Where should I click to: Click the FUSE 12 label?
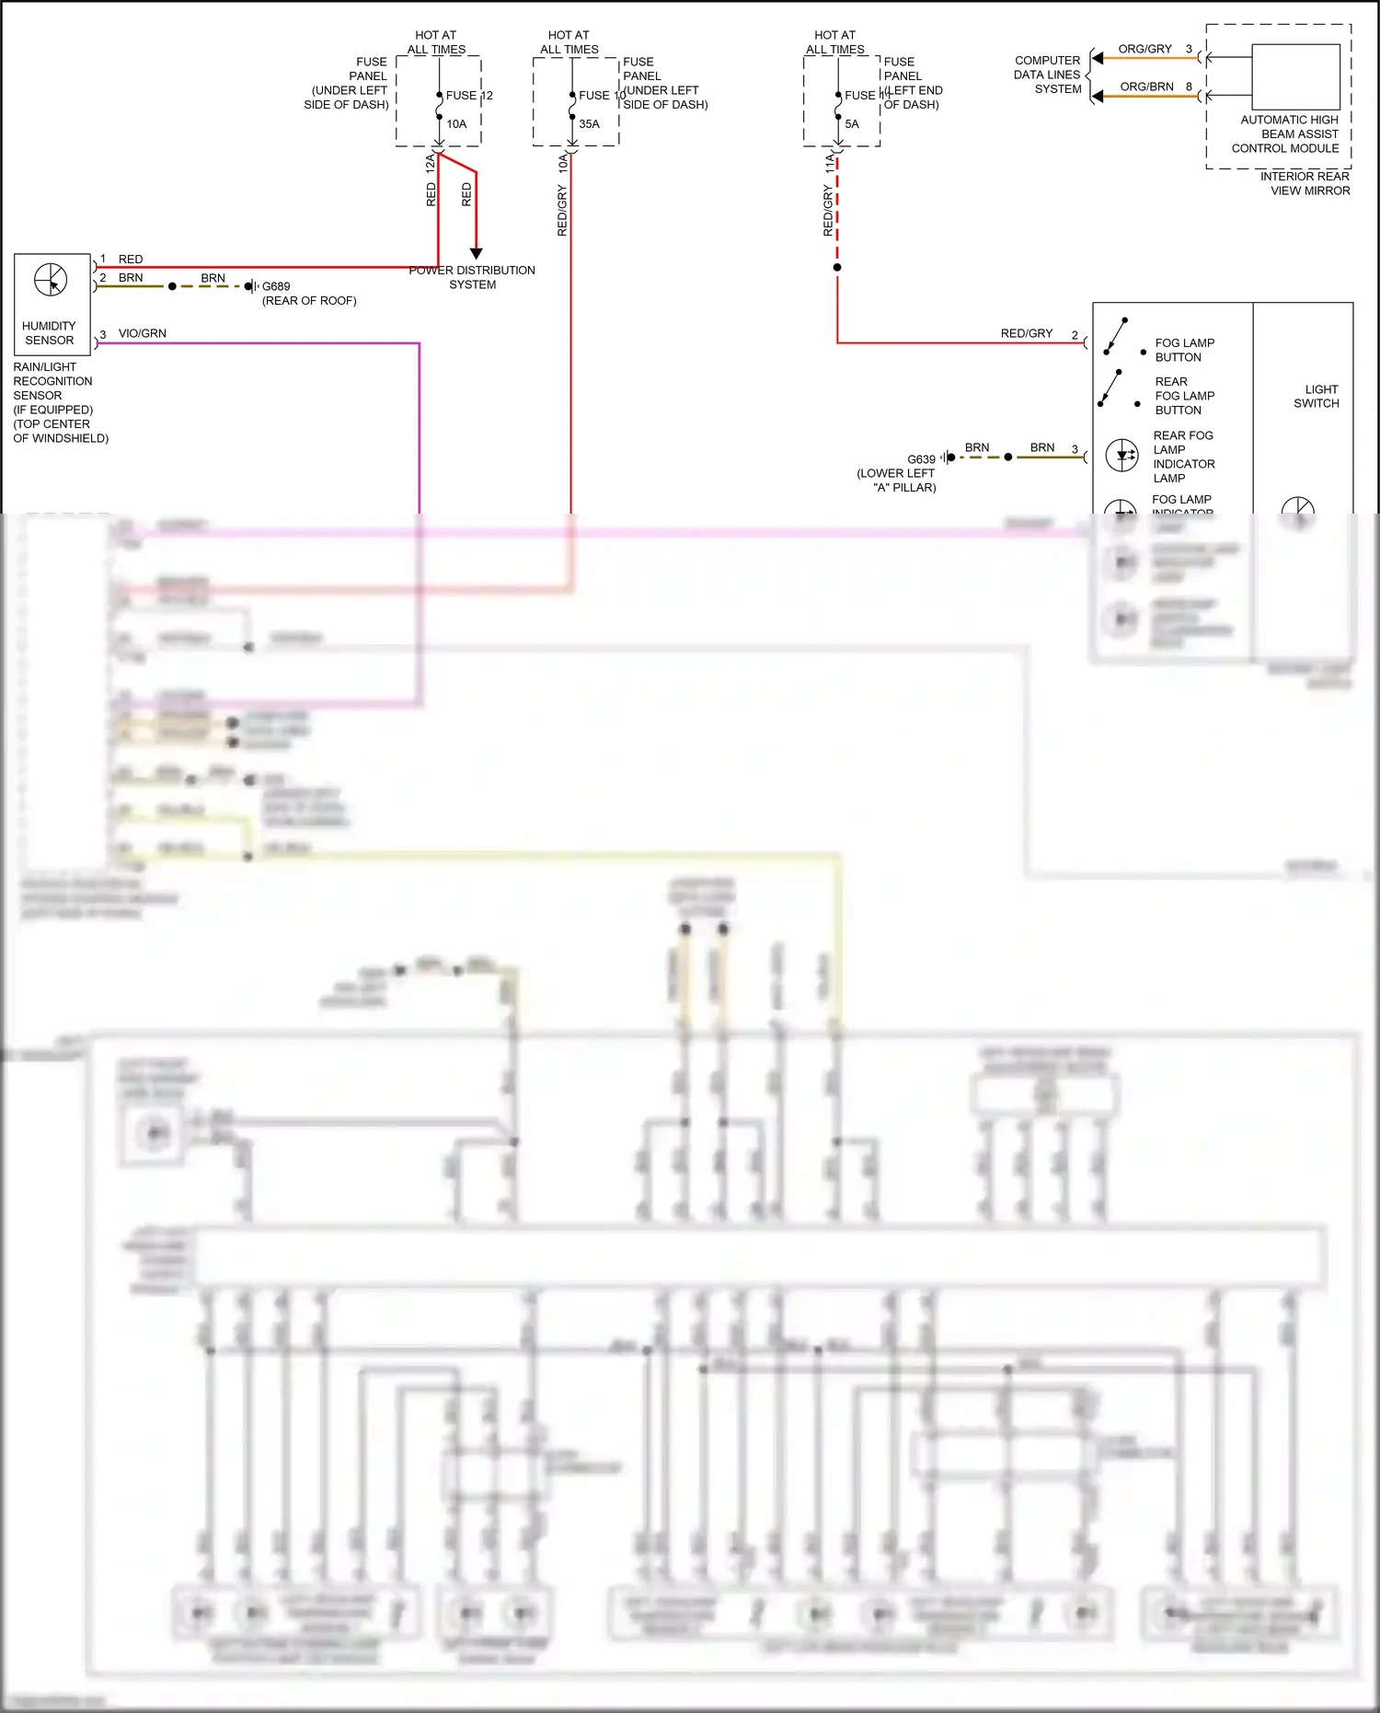coord(469,95)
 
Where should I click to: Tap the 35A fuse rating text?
coord(589,124)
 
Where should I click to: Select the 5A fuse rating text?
coord(852,124)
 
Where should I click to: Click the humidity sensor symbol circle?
coord(51,280)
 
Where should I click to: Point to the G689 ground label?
coord(276,286)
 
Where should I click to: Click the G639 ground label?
coord(921,459)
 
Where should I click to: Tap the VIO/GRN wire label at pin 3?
coord(143,333)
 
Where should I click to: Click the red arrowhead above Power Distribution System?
coord(476,253)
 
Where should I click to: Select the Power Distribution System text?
coord(472,277)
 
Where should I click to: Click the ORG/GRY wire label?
coord(1144,49)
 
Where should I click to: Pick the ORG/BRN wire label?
coord(1146,87)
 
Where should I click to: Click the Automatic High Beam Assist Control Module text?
coord(1288,133)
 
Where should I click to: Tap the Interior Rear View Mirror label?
coord(1307,183)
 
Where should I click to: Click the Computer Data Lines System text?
coord(1048,75)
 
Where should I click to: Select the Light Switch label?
coord(1317,396)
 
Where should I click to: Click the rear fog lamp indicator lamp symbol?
coord(1122,455)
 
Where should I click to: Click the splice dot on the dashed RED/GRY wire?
coord(837,268)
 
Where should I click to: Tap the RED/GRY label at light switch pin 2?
coord(1026,333)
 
